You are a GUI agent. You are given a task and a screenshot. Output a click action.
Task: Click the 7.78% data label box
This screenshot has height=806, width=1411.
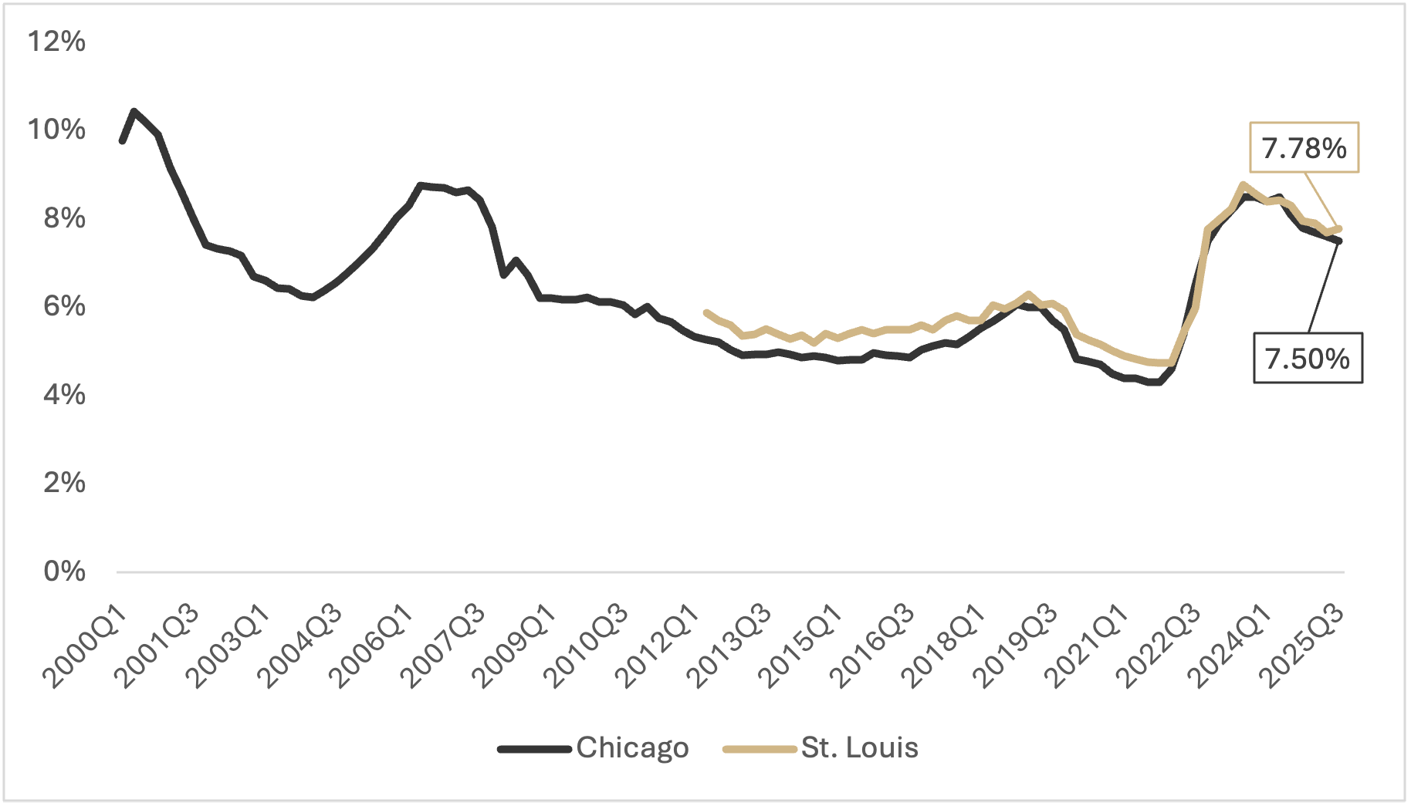(x=1304, y=147)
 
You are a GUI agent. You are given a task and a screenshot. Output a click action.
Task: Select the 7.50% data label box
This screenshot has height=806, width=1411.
(x=1307, y=358)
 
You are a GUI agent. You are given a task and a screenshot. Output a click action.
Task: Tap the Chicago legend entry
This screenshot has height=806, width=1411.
(x=593, y=747)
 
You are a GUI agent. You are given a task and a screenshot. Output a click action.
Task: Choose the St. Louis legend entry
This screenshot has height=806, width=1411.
(x=821, y=747)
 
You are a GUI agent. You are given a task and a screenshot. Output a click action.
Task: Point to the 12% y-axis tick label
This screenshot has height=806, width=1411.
(x=56, y=41)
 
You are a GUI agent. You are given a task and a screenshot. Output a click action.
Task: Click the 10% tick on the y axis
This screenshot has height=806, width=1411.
(x=56, y=129)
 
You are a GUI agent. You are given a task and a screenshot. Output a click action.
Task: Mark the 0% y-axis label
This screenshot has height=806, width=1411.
(x=64, y=571)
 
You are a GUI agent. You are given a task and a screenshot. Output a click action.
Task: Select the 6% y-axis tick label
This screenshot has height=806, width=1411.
(x=64, y=305)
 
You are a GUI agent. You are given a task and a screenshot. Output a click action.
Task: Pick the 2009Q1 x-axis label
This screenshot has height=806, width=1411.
(x=514, y=647)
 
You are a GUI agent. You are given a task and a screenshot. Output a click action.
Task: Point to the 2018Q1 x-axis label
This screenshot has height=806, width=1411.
(x=943, y=647)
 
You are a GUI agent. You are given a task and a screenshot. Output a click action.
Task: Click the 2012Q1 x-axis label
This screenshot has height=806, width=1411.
(x=658, y=647)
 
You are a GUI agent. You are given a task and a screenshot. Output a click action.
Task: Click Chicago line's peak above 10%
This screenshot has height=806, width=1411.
(x=134, y=111)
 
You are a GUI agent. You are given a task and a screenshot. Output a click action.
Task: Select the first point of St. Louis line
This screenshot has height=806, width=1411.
(x=706, y=312)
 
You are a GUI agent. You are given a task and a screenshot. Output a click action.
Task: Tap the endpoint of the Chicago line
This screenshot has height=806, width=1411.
(x=1339, y=241)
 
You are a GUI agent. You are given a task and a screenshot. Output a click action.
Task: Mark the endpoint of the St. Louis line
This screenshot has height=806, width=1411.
(x=1340, y=228)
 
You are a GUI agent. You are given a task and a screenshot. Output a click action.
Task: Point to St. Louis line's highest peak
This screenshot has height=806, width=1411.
(x=1242, y=184)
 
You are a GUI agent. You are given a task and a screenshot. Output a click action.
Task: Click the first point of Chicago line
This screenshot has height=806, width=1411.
(x=122, y=141)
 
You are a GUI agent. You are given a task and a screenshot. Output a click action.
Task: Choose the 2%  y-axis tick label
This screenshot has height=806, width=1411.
(x=64, y=482)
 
